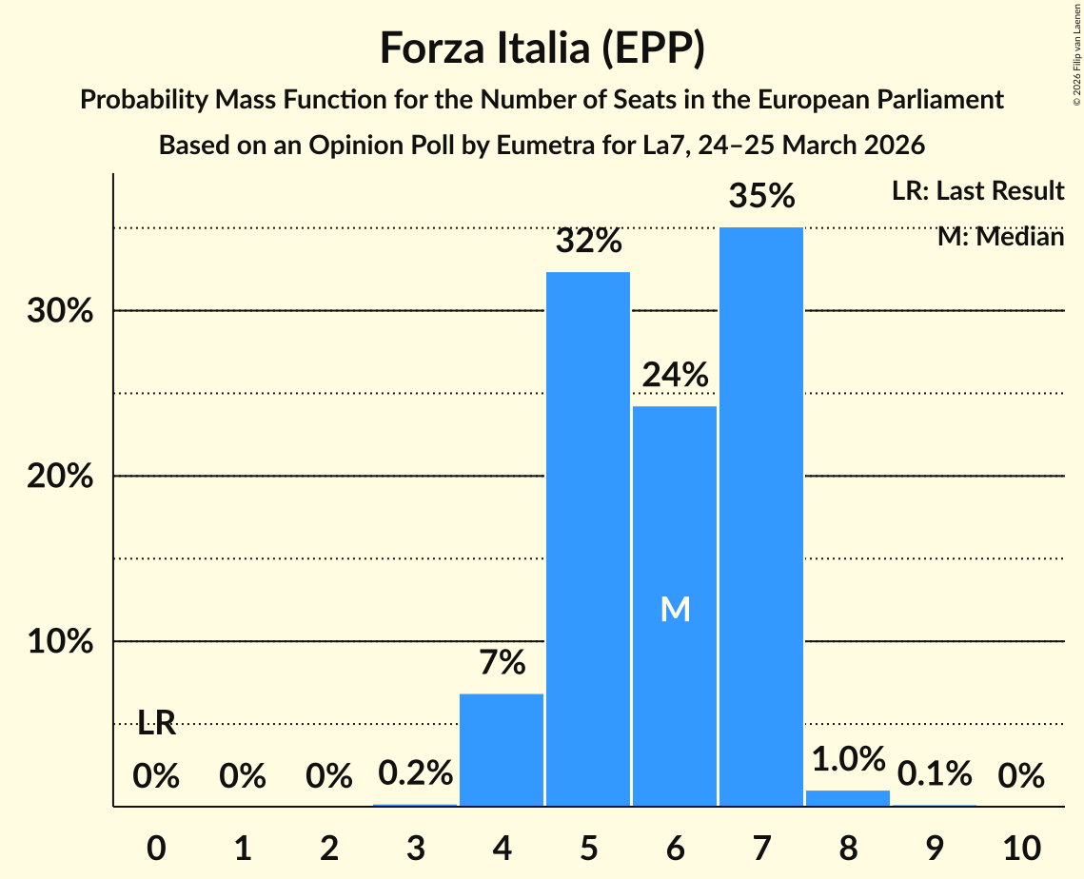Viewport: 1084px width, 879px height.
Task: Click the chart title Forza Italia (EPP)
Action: click(542, 48)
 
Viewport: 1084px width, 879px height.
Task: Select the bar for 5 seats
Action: click(588, 538)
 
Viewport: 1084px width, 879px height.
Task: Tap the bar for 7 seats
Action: click(761, 517)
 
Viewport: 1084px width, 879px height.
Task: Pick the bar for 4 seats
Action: click(502, 750)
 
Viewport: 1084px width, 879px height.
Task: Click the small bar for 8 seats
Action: click(848, 798)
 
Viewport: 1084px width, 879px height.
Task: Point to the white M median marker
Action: click(675, 610)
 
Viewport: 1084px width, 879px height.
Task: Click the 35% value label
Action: click(761, 197)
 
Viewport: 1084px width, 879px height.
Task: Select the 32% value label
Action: click(588, 242)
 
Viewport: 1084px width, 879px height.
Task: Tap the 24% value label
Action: click(675, 376)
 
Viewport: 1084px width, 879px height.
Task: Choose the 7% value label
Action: click(502, 662)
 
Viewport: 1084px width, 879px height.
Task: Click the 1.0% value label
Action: click(848, 759)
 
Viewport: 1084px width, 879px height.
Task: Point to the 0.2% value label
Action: click(415, 773)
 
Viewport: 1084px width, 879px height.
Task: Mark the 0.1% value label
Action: click(935, 774)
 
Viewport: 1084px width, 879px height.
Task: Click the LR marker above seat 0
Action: click(156, 724)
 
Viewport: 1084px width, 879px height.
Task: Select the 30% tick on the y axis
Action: click(59, 311)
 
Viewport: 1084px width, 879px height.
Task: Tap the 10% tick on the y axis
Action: click(59, 642)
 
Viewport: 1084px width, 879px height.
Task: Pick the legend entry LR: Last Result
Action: click(977, 191)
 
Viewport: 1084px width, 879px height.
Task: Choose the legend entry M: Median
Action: click(999, 237)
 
